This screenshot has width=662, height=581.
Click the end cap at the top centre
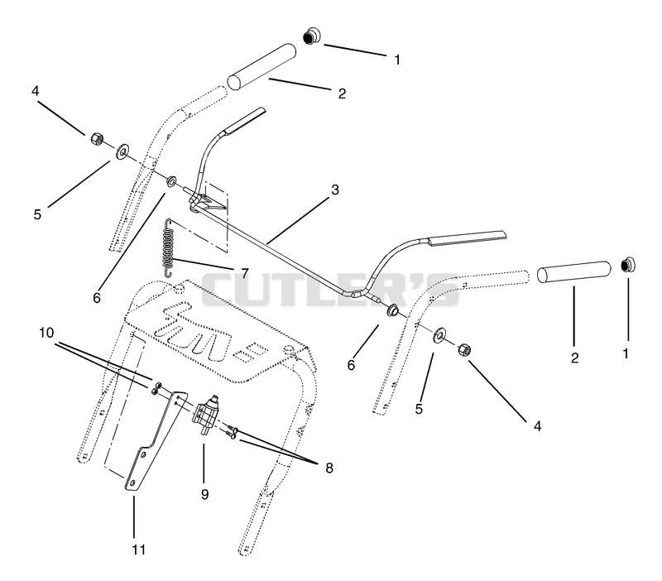(312, 36)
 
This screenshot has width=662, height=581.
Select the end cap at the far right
(629, 265)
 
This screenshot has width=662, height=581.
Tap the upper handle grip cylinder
(261, 65)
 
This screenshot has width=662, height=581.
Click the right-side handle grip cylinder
(574, 272)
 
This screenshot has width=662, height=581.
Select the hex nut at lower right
(463, 349)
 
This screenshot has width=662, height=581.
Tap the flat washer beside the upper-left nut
(122, 151)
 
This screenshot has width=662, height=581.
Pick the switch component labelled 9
(206, 415)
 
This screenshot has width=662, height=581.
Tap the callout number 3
(335, 190)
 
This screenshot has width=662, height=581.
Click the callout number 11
(138, 550)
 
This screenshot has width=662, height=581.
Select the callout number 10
(46, 333)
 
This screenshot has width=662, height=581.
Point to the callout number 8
(329, 468)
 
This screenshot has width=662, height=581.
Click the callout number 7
(244, 273)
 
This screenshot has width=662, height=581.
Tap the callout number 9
(204, 494)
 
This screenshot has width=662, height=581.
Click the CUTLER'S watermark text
(329, 290)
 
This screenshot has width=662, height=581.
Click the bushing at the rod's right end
(393, 310)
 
